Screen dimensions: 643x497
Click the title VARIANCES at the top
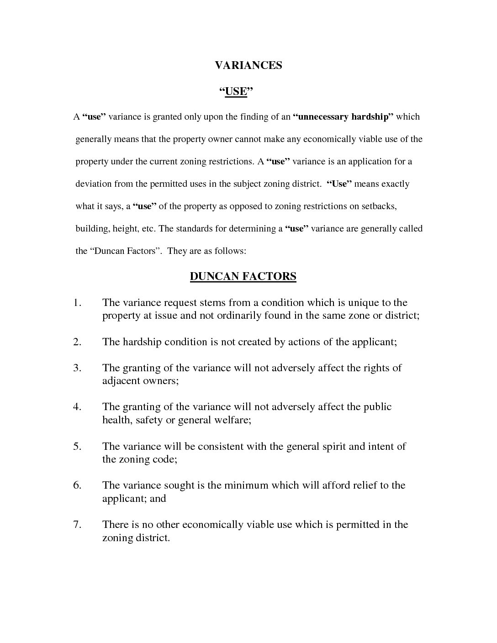(248, 65)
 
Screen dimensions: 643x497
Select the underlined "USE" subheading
(236, 92)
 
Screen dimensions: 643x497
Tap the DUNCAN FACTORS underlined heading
(243, 276)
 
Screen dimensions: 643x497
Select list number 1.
(77, 303)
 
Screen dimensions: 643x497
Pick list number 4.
(77, 407)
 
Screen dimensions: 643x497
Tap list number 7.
(77, 524)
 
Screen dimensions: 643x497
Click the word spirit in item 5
(333, 446)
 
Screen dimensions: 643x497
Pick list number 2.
(77, 342)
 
